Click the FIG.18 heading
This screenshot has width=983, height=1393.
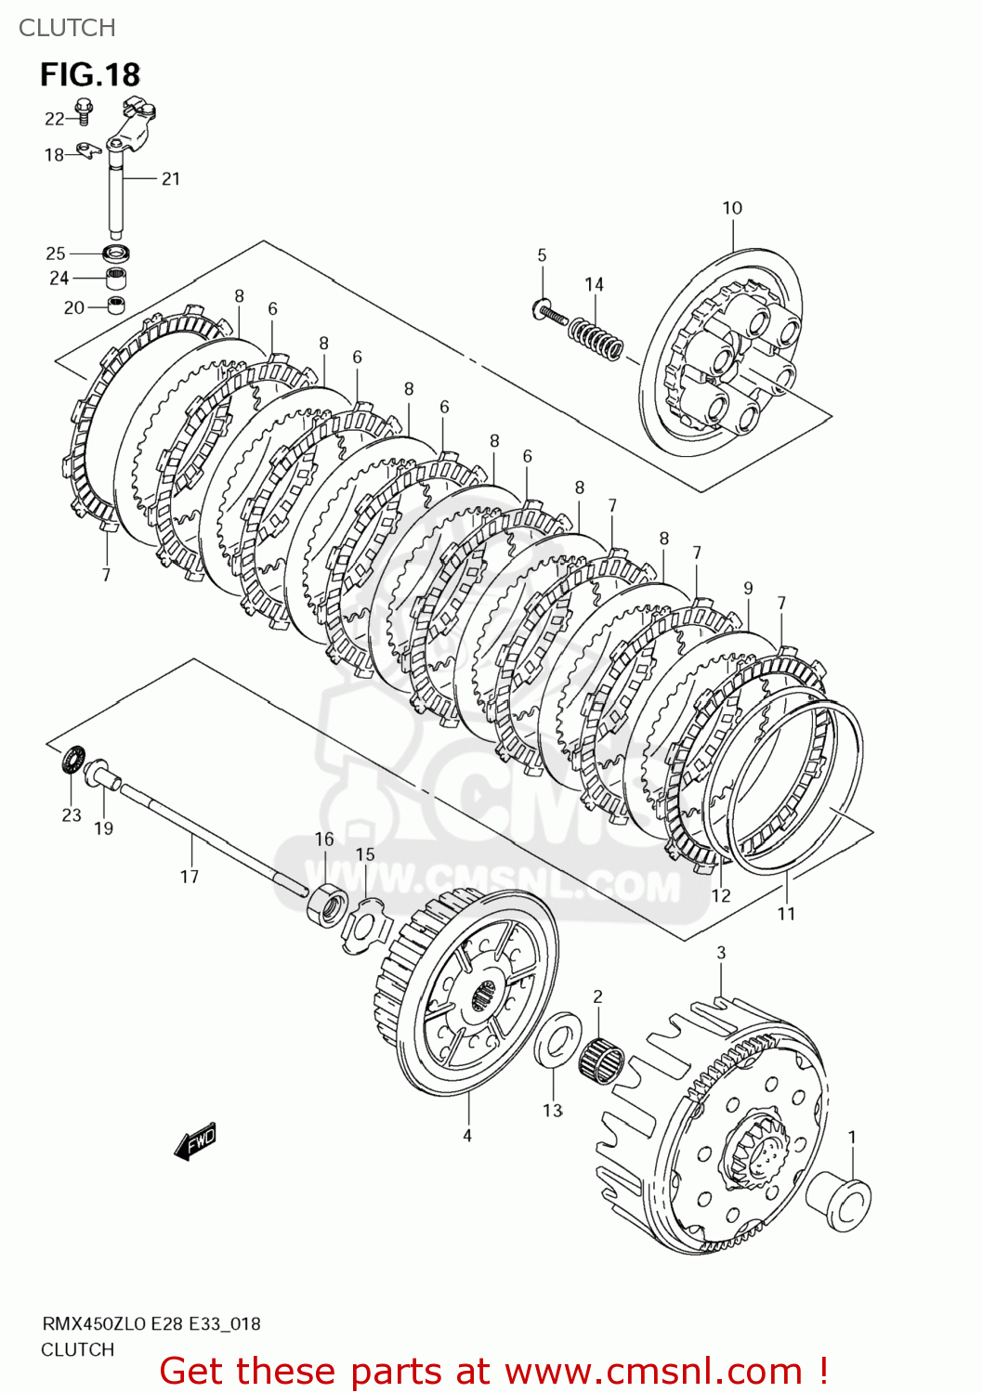click(89, 74)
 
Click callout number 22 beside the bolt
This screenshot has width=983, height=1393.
click(54, 119)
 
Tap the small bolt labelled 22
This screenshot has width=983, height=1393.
click(84, 110)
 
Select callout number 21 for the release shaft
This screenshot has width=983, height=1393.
click(171, 178)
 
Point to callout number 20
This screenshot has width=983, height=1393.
click(73, 307)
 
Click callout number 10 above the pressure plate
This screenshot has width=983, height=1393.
click(732, 208)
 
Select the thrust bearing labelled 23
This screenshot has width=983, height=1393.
click(72, 762)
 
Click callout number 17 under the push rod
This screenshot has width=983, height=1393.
click(190, 876)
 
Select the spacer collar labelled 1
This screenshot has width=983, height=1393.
click(839, 1201)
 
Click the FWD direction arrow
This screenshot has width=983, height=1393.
click(196, 1141)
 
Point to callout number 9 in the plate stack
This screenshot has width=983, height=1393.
click(748, 588)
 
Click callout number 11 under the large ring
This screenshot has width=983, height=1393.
click(786, 914)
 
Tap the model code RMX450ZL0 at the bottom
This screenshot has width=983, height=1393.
click(93, 1323)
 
